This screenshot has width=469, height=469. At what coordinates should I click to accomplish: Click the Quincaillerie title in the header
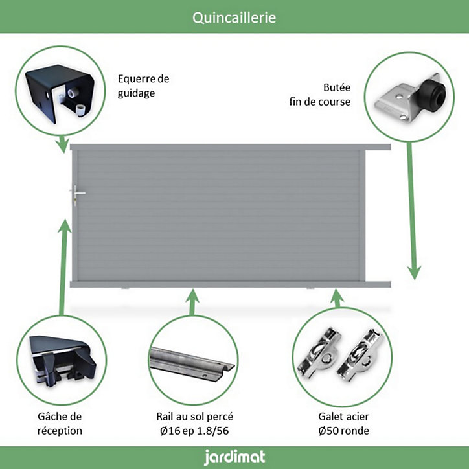[x=234, y=17]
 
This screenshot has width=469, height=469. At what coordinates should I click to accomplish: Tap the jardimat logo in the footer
[x=234, y=457]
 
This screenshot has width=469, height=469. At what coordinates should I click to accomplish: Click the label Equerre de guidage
[x=143, y=86]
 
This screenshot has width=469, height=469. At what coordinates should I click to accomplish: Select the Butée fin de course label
[x=320, y=95]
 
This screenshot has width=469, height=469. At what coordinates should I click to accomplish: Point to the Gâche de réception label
[x=60, y=424]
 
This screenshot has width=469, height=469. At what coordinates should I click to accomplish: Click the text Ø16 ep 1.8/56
[x=194, y=431]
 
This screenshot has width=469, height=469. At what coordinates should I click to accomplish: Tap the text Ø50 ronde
[x=344, y=431]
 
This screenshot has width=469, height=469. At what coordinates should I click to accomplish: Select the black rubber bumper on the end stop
[x=432, y=95]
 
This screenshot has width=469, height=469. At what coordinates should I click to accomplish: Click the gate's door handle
[x=76, y=194]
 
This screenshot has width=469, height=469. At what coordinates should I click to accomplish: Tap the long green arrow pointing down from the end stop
[x=413, y=211]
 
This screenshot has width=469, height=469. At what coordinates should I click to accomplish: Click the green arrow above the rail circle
[x=192, y=302]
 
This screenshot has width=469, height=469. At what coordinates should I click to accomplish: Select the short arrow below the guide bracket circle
[x=63, y=144]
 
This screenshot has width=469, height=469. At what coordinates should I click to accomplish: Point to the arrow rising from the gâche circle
[x=63, y=267]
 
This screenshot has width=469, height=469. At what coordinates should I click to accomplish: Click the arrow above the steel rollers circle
[x=337, y=298]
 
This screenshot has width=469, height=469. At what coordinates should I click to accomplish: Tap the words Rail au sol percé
[x=194, y=417]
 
